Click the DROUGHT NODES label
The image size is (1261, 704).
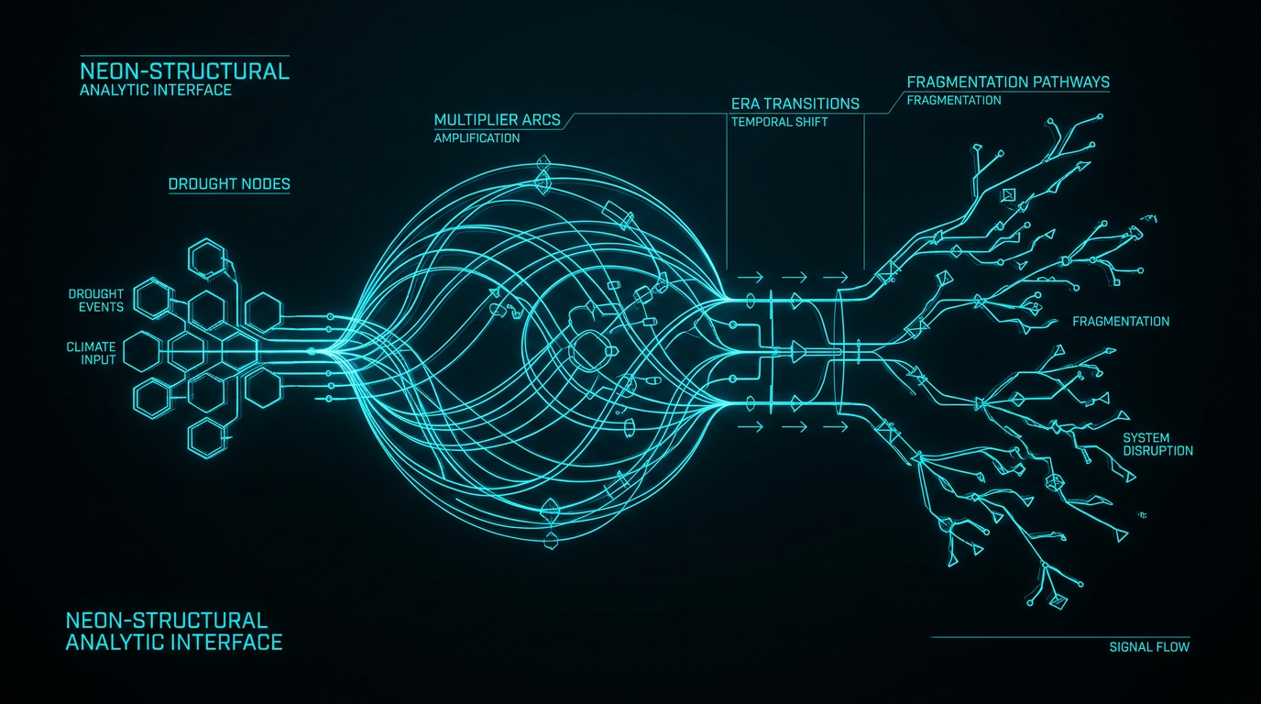(229, 184)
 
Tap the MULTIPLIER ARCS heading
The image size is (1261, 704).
(497, 120)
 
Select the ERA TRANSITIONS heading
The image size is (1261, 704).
(795, 104)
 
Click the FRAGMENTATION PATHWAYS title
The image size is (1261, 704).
(1008, 82)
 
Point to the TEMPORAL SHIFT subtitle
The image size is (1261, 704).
(779, 122)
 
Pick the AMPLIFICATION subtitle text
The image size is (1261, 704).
(477, 138)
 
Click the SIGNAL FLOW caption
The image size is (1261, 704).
(1149, 647)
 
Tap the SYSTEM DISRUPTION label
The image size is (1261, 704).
(1157, 445)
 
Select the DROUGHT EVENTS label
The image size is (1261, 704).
(95, 300)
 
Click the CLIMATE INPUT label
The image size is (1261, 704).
(92, 353)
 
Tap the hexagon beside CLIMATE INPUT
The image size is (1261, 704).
(142, 351)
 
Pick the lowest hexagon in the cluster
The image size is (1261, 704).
(206, 437)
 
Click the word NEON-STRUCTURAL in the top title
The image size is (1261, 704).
(184, 71)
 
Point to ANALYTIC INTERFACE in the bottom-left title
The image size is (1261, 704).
(174, 643)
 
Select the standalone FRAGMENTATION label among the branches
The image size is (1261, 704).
(1121, 322)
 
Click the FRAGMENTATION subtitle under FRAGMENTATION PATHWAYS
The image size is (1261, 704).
(954, 101)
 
